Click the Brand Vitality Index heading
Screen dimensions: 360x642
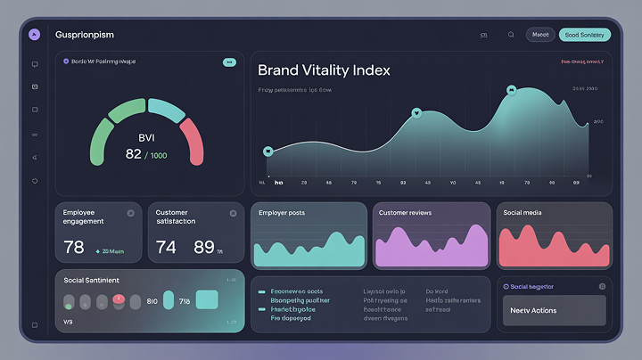[324, 70]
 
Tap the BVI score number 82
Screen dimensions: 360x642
[134, 154]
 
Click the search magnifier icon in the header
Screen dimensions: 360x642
[511, 35]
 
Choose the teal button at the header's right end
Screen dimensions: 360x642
[584, 35]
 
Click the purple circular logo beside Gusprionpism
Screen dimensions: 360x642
[34, 35]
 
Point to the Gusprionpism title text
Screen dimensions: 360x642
[86, 35]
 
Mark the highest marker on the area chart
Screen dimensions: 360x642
[511, 89]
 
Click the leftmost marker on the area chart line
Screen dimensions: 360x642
[267, 151]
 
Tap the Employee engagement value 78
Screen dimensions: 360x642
[74, 247]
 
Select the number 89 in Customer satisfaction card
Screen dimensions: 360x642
[204, 247]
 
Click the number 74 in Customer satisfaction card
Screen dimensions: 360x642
[166, 247]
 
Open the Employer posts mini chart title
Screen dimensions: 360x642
[282, 213]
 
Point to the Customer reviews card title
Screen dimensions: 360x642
[406, 213]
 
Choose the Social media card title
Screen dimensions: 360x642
[523, 213]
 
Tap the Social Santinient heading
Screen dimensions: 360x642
[92, 280]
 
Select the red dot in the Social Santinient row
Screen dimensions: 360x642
[117, 301]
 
